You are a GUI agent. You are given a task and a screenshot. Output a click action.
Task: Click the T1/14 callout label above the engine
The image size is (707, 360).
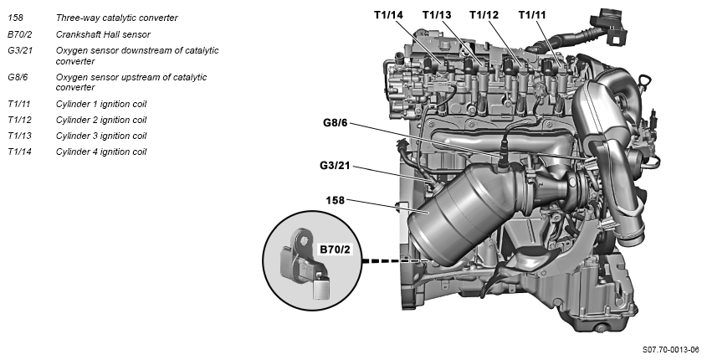tap(389, 14)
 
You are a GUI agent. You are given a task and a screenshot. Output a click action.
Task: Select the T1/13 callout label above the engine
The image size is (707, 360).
tap(437, 14)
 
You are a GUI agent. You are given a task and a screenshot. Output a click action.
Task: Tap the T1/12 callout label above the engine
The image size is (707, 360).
tap(484, 14)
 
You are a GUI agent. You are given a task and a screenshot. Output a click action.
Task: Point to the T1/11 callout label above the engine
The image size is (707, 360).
tap(532, 14)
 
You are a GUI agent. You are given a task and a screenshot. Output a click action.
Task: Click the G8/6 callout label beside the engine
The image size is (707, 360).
tap(336, 124)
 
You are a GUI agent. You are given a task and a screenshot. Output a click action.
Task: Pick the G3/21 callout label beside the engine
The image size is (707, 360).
tap(334, 165)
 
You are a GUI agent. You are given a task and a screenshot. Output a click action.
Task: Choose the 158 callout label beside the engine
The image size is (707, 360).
tap(336, 200)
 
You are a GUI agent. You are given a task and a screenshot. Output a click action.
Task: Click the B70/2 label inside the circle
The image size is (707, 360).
tap(334, 249)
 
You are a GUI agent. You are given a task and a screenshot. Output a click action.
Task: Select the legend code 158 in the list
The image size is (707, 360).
tap(14, 18)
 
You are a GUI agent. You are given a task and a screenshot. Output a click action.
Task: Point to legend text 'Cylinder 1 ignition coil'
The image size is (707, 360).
tap(100, 105)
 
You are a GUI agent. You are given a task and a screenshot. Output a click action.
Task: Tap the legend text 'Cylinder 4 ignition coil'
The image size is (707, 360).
tap(100, 152)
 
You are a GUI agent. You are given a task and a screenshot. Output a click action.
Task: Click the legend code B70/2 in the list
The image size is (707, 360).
tap(20, 34)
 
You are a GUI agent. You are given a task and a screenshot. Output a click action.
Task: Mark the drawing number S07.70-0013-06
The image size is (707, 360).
tap(670, 349)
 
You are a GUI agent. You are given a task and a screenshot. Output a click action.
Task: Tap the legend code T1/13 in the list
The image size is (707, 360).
tap(19, 136)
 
